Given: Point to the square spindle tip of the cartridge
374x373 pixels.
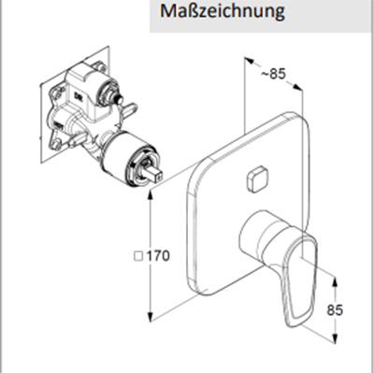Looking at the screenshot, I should pyautogui.click(x=154, y=174).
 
